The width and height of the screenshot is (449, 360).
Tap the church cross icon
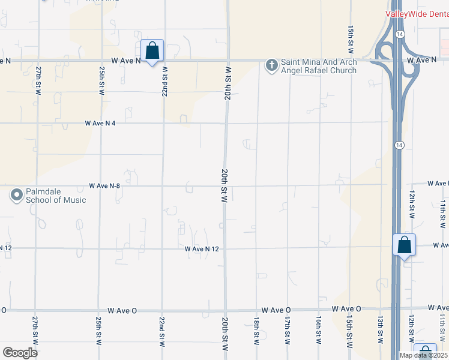click(271, 65)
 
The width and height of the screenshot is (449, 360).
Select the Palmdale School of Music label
click(56, 196)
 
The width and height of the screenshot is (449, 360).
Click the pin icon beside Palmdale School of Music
click(16, 195)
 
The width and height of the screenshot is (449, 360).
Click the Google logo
click(19, 352)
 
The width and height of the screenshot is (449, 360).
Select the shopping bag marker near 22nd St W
click(152, 50)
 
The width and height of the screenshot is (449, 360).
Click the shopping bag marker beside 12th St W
click(405, 245)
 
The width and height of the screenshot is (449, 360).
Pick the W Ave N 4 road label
click(100, 123)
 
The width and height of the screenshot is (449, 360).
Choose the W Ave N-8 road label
click(105, 186)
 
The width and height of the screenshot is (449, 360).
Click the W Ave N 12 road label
click(201, 248)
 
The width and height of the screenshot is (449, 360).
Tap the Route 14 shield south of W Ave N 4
click(399, 145)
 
